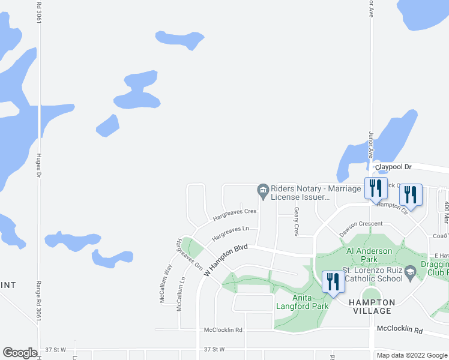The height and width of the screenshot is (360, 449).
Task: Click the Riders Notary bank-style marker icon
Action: pos(263,191)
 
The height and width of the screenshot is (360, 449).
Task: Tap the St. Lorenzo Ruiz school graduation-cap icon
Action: pos(411,271)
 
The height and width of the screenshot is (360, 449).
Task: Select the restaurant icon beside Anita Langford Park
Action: pos(333,281)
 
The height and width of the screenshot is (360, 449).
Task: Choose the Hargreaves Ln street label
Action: pos(230,233)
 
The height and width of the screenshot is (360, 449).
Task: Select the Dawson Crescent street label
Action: pos(361,228)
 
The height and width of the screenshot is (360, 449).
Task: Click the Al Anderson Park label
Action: pos(369,255)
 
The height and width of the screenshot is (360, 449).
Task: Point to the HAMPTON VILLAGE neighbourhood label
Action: pos(372,306)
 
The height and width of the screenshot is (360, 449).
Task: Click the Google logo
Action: pos(20,353)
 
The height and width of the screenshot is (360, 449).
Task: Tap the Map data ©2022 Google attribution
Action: pos(412,355)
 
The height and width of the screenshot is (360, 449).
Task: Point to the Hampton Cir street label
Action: pos(392,208)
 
